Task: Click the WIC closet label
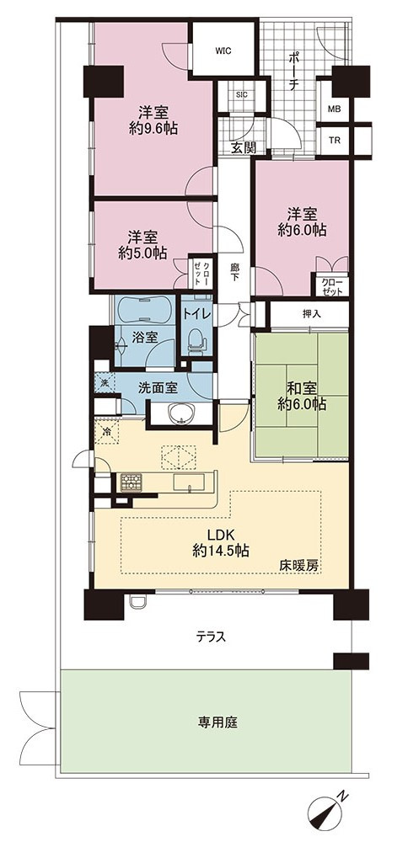(223, 51)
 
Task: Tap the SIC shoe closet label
(242, 94)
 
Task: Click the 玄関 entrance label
(243, 147)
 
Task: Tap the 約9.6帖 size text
(153, 128)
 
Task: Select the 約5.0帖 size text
(142, 253)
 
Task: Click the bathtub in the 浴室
(142, 309)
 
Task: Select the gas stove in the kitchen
(131, 482)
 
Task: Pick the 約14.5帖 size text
(220, 550)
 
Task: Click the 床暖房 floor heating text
(295, 566)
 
